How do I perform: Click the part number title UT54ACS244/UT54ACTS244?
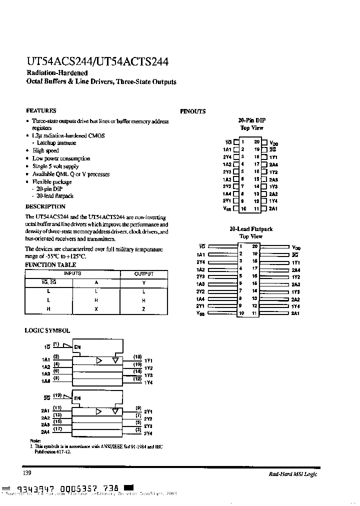coord(97,62)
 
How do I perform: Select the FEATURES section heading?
coord(40,111)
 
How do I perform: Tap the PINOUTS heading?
coord(193,111)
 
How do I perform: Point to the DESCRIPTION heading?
coord(45,206)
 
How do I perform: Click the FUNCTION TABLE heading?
coord(50,265)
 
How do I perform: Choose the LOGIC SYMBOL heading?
coord(47,331)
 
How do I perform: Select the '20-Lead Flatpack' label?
coord(251,229)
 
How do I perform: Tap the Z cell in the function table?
coord(143,309)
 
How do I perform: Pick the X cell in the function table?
coord(97,309)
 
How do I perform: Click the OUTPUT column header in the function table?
coord(144,274)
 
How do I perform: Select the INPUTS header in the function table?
coord(72,274)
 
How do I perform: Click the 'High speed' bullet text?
coord(45,150)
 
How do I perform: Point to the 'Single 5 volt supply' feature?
coord(55,166)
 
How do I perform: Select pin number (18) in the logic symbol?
coord(137,357)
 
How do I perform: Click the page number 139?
coord(28,473)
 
